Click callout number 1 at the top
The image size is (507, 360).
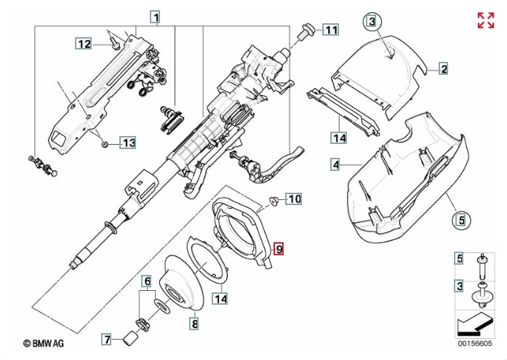(x=156, y=16)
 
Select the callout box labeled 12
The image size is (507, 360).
(x=84, y=44)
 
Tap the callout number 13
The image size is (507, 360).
(x=127, y=143)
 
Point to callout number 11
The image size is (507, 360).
(x=331, y=30)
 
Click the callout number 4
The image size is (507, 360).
(x=335, y=165)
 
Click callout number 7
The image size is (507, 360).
(x=106, y=339)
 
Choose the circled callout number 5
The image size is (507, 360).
(x=459, y=218)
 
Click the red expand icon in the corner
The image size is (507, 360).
(x=485, y=20)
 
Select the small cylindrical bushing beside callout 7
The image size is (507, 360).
(x=132, y=338)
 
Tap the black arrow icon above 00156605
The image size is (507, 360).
(x=477, y=323)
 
